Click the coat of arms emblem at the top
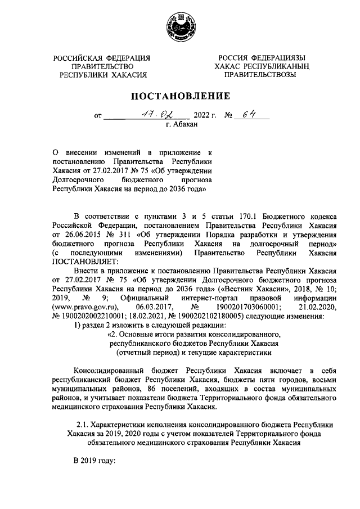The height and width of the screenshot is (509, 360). coord(180,26)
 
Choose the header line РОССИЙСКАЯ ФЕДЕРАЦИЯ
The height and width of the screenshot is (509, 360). coord(102,57)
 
